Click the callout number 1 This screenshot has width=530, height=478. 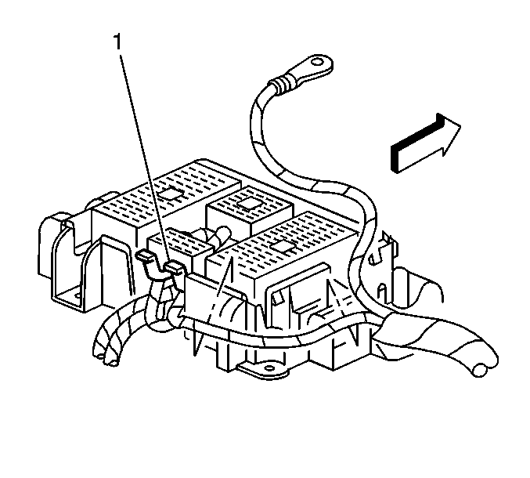pos(117,42)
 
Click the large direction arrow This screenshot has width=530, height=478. pos(425,143)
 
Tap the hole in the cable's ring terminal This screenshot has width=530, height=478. pos(317,63)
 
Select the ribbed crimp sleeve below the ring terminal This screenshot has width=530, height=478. pos(280,85)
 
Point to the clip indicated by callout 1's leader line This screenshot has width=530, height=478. pos(174,267)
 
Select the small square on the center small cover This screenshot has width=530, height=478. pos(248,204)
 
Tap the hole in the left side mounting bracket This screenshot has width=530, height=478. pos(78,295)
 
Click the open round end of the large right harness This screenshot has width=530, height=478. pos(480,370)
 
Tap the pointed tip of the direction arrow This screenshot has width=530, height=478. pos(460,126)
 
